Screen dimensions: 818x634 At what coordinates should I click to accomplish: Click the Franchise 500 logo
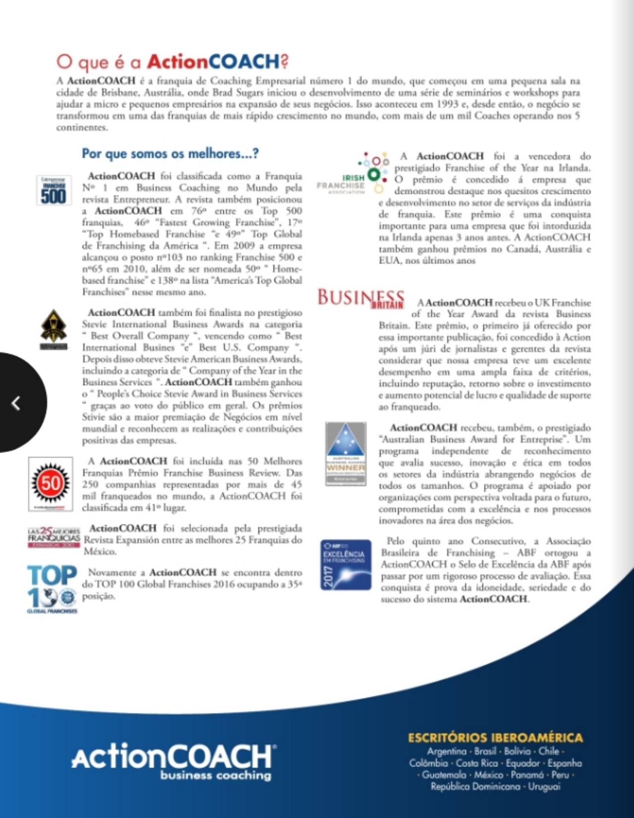click(53, 190)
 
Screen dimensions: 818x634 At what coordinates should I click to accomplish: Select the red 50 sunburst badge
click(51, 483)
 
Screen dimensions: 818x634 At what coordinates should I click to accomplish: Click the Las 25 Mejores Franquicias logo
click(53, 537)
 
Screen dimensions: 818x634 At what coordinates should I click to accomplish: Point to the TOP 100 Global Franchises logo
click(52, 588)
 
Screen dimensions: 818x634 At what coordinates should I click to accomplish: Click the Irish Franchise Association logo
click(353, 174)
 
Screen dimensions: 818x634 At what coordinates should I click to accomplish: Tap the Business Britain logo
click(361, 298)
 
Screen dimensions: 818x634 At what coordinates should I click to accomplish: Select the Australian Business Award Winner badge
click(346, 454)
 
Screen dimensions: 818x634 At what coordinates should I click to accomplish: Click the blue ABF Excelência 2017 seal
click(345, 565)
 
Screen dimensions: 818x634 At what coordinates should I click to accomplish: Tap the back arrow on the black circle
click(16, 403)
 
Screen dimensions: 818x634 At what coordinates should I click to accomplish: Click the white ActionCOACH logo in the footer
click(173, 757)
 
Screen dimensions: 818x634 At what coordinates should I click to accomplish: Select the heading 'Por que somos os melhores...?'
click(170, 154)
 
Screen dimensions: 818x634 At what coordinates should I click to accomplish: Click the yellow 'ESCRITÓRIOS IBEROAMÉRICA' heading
click(495, 738)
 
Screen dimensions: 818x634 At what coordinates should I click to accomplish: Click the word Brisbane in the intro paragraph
click(119, 93)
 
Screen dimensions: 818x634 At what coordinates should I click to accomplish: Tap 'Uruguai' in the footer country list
click(544, 786)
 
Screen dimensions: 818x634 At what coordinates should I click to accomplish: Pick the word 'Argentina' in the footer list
click(447, 751)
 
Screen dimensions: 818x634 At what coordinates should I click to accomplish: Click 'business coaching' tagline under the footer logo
click(216, 775)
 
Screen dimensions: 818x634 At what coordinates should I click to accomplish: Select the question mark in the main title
click(284, 61)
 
